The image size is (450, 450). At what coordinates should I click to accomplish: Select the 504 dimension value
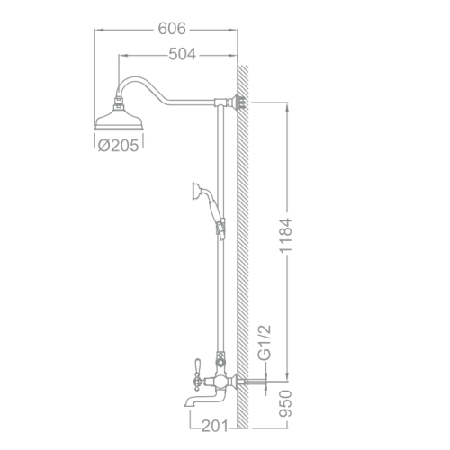[184, 55]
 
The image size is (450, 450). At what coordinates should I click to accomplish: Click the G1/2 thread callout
[264, 344]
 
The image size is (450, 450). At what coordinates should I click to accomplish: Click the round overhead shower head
[120, 117]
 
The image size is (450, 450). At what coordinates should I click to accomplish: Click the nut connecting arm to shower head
[120, 99]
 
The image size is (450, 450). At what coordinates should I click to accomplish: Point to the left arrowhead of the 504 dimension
[121, 55]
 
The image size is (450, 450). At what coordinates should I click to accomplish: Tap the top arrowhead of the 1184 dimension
[288, 101]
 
